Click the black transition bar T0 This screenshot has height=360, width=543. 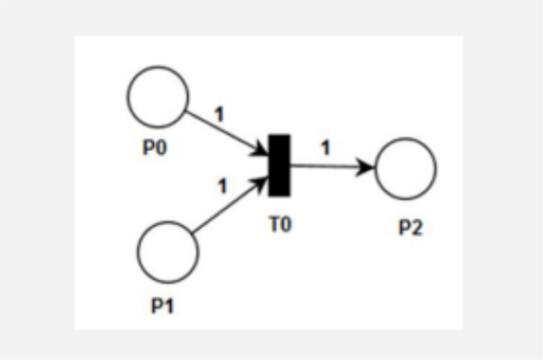point(280,166)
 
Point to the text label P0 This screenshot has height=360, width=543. point(155,147)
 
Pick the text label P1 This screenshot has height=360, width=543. point(162,306)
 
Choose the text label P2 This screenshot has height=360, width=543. point(411,228)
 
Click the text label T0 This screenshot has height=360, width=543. point(281,224)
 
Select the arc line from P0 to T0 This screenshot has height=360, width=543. point(227,133)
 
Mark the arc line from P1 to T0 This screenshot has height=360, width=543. point(230,205)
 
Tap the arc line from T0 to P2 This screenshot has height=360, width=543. point(333,166)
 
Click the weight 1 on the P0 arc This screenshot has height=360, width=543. point(220,114)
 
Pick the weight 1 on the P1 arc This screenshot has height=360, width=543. point(223,186)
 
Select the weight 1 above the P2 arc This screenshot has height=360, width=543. point(326,148)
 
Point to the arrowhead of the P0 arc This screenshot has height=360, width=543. point(261,149)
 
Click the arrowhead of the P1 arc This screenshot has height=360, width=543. point(261,184)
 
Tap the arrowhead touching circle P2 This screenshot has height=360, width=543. point(366,167)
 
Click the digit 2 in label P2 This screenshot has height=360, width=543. point(417,228)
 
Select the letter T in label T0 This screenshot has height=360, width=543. point(274,224)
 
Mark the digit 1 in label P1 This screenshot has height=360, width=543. point(168,306)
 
